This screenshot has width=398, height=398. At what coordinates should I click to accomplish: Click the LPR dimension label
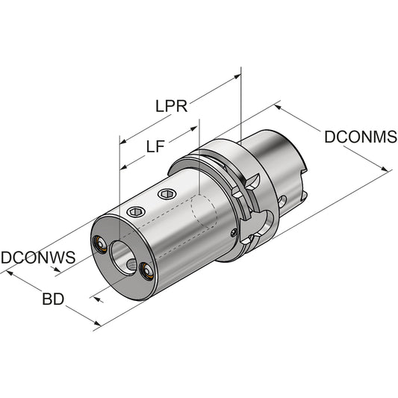[171, 106]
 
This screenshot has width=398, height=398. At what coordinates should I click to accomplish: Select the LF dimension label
[155, 146]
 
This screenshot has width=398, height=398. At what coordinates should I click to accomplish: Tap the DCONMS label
[361, 137]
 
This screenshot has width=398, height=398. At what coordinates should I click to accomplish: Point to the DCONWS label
[38, 257]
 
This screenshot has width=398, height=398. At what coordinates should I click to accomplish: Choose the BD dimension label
[53, 299]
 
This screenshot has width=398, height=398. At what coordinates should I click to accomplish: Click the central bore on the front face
[123, 257]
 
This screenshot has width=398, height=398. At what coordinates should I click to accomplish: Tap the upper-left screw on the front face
[99, 244]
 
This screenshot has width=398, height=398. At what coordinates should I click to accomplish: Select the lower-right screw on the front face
[146, 272]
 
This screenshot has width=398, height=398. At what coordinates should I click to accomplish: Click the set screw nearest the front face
[136, 211]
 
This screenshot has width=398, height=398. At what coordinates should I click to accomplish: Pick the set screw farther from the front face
[167, 194]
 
